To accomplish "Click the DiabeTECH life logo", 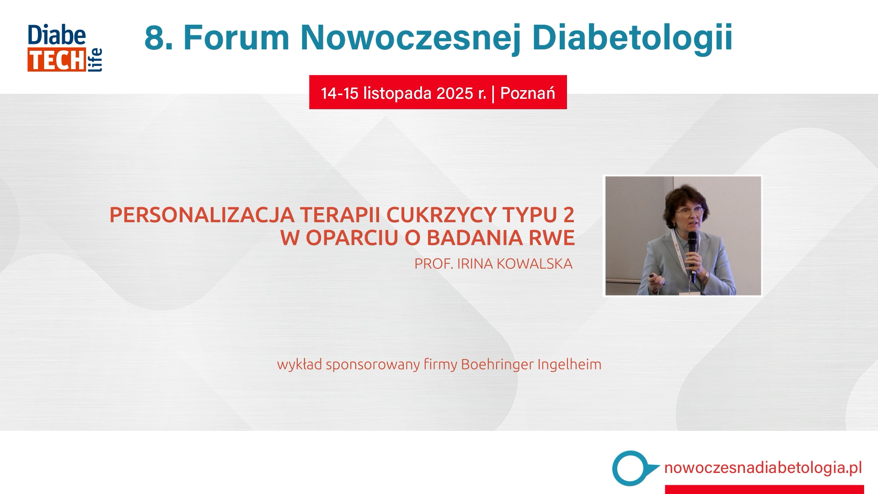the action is [64, 48].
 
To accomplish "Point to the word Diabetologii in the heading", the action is [632, 38].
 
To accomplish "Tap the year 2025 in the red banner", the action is [455, 93].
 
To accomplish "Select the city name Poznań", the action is [528, 93].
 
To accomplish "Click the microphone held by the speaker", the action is [692, 254].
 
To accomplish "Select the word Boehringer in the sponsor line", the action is [497, 365].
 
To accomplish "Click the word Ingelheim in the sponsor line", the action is [569, 365].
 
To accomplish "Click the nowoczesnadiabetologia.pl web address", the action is [763, 468].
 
